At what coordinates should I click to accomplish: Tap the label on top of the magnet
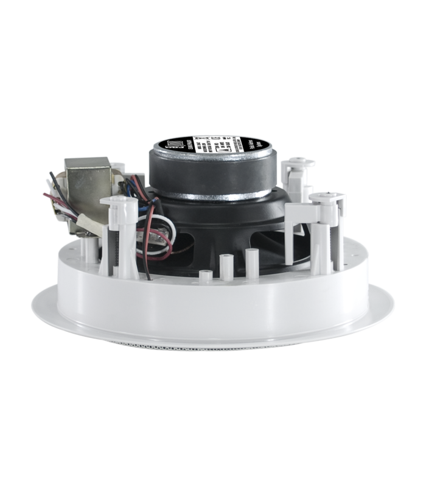211,147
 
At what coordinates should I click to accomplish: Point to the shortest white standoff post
206,275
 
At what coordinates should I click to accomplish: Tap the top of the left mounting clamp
119,201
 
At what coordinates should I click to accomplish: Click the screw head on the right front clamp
329,196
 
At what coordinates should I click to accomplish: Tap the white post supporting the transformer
91,250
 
